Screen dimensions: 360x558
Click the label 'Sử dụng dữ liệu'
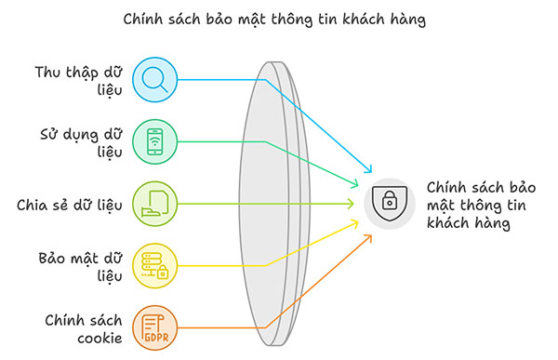[x=79, y=141]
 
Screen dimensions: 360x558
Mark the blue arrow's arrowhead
[x=369, y=171]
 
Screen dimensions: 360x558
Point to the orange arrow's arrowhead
[x=369, y=237]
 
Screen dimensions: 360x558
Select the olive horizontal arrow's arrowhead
[x=352, y=203]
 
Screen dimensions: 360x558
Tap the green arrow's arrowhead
[x=357, y=184]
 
